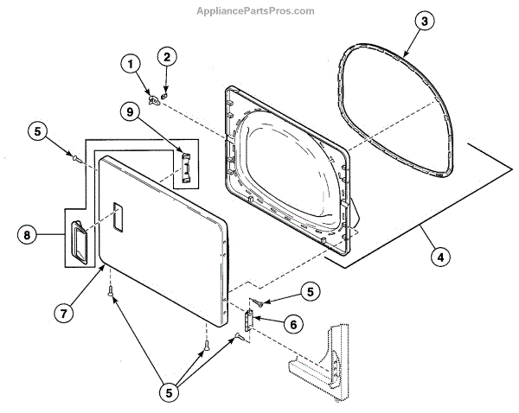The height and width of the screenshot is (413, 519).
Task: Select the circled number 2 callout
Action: tap(167, 58)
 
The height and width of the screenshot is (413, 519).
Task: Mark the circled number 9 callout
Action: tap(129, 111)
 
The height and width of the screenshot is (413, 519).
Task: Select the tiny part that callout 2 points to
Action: tap(165, 89)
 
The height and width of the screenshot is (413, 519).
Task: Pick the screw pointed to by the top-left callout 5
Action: tap(77, 158)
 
